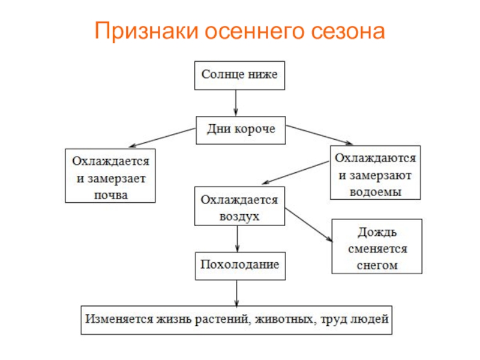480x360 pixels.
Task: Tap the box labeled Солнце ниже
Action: [239, 75]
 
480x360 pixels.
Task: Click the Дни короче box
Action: [240, 129]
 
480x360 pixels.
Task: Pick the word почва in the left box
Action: [110, 194]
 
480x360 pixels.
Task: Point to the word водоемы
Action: [375, 191]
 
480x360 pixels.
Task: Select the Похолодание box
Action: [239, 265]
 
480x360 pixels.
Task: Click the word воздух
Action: [239, 217]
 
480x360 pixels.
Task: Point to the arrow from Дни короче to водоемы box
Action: [318, 134]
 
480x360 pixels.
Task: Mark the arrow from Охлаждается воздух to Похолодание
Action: [238, 239]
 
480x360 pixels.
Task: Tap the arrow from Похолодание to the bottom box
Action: [238, 293]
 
